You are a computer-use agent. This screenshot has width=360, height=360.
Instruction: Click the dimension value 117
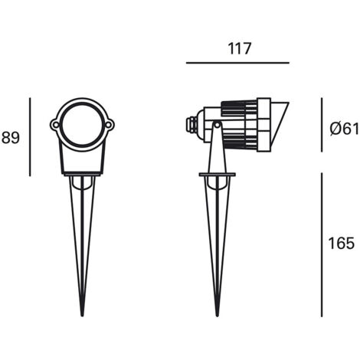pos(240,48)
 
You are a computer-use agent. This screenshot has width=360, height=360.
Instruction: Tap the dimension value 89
pos(11,138)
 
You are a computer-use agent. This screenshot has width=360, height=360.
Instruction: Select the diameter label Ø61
pos(345,129)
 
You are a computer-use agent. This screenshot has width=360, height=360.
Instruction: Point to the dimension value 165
pos(342,244)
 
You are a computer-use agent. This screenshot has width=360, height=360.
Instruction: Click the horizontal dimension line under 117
pos(237,63)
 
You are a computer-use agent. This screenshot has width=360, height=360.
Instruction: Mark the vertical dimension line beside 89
pos(30,137)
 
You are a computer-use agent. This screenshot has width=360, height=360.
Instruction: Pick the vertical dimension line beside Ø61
pos(322,125)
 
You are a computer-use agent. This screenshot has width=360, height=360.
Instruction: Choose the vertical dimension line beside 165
pos(322,245)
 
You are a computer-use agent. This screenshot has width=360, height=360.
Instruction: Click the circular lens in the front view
pos(82,125)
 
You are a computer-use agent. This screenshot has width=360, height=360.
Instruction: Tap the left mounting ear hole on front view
pos(55,125)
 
